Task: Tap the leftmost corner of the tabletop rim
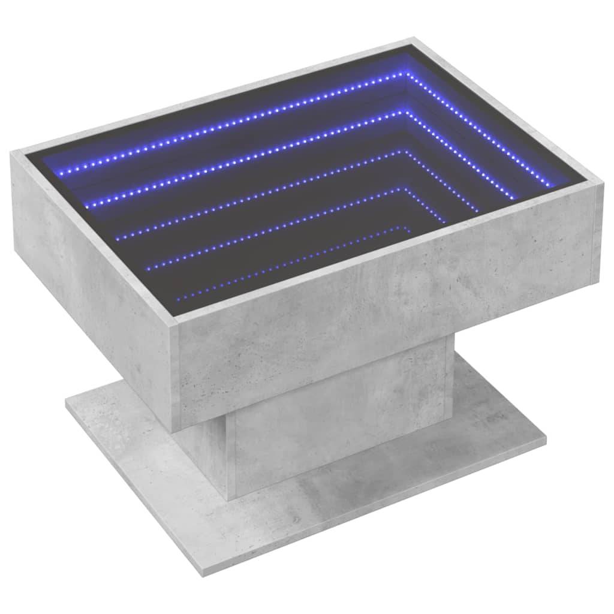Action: tap(12, 153)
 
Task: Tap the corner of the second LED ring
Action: tap(406, 111)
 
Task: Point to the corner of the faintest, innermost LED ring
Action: tap(401, 228)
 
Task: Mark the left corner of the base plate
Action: tap(67, 401)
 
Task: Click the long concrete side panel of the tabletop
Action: tap(384, 312)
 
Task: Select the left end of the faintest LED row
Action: tap(178, 297)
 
